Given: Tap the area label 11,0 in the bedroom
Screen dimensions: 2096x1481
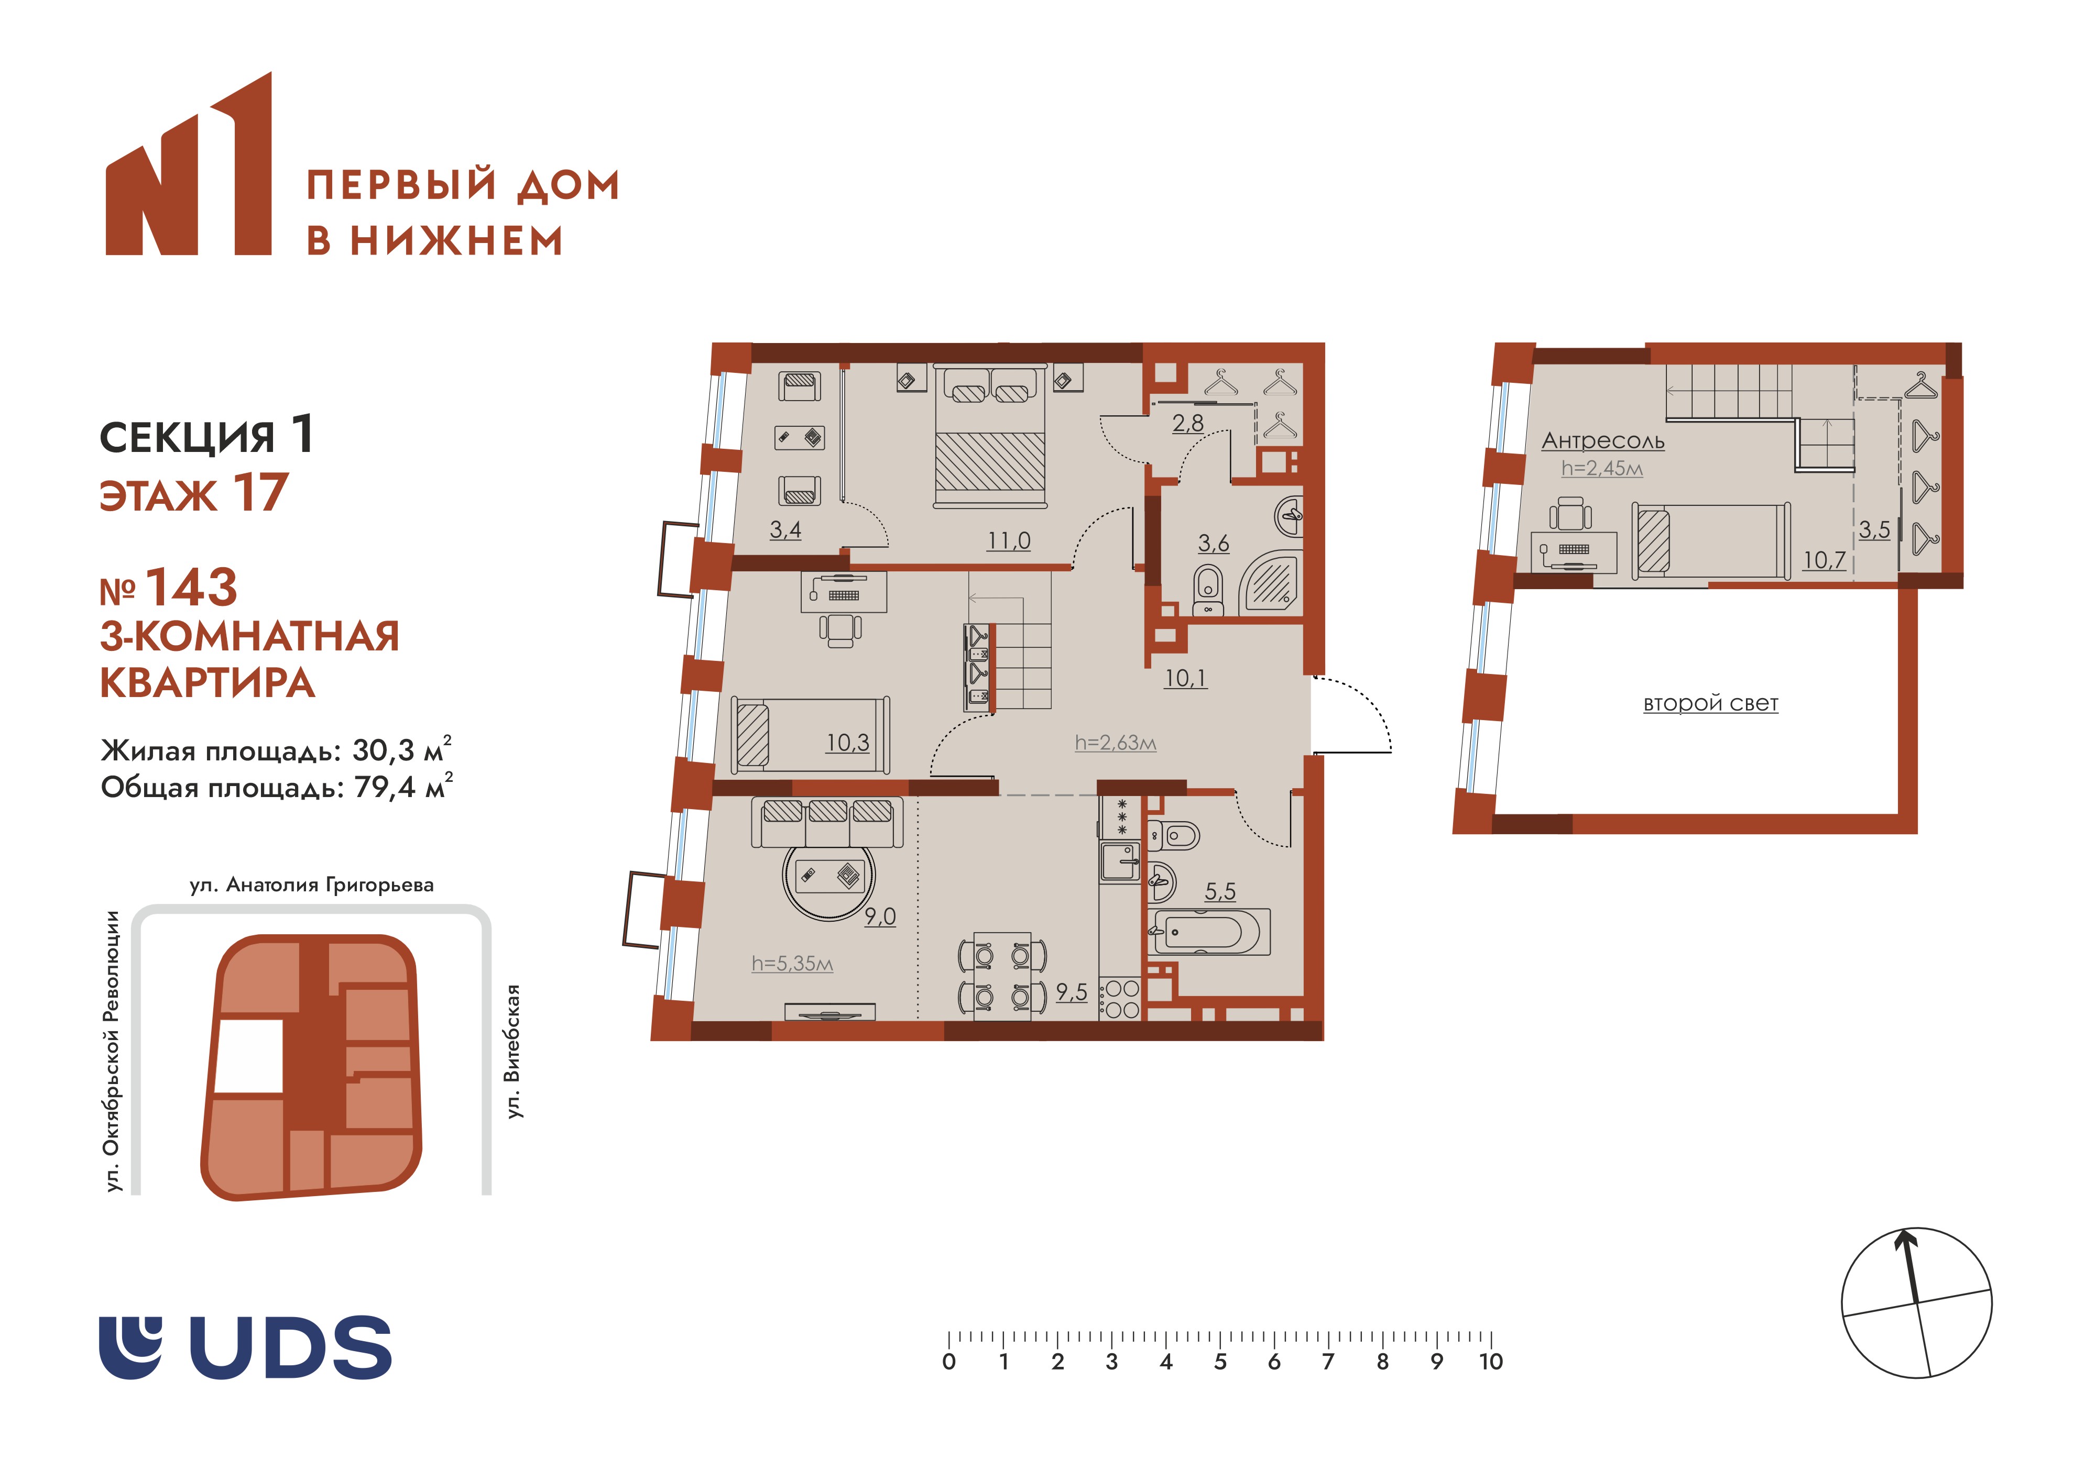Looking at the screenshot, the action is tap(1009, 541).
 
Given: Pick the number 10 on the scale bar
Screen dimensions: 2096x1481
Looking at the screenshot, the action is tap(1491, 1362).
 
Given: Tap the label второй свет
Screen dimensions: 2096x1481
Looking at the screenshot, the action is tap(1711, 703).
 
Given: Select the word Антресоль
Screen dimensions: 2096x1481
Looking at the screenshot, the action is tap(1603, 441).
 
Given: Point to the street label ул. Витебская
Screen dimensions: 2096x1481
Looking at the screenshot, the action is tap(514, 1051).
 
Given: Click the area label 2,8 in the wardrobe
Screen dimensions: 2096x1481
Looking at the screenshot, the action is tap(1188, 423).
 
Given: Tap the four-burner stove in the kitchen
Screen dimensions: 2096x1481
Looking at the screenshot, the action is tap(1120, 998).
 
